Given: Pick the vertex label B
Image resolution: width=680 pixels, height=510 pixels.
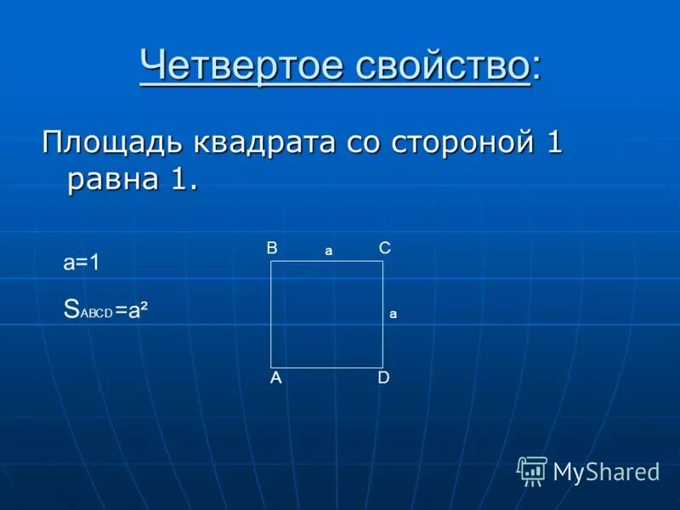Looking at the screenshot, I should [272, 248].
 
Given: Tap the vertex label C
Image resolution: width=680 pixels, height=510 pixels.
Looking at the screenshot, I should [384, 248].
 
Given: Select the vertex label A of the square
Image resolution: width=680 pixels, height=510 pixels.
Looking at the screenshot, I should [276, 379].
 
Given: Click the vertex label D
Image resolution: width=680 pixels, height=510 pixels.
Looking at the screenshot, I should [383, 379].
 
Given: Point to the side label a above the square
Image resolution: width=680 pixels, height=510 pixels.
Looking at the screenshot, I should [328, 252].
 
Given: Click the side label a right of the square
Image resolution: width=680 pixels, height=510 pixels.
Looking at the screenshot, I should [394, 314].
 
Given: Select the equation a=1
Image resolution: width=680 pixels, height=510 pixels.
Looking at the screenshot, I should [82, 263].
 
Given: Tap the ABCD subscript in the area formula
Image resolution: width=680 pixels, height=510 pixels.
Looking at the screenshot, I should [97, 312].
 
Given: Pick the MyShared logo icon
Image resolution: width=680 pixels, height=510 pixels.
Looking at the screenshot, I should [532, 470].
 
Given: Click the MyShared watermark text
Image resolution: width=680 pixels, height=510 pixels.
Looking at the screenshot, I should [606, 472].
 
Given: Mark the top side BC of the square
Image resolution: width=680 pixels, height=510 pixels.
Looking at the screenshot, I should [326, 262].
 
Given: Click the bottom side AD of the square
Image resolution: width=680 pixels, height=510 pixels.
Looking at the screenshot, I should [326, 367].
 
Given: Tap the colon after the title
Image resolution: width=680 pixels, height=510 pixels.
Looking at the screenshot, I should [535, 68].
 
